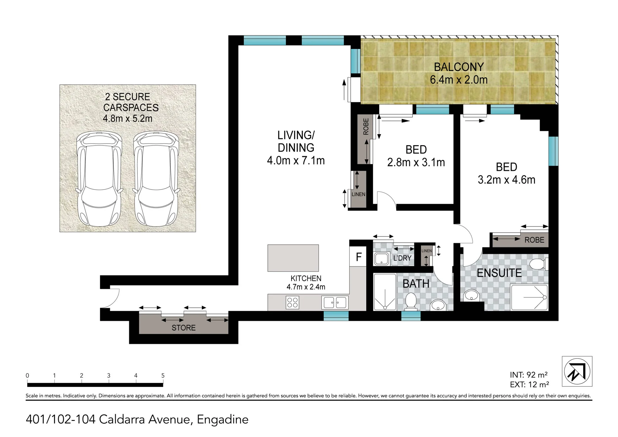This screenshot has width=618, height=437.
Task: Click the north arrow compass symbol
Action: coord(577,371)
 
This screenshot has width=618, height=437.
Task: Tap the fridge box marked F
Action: coord(358,256)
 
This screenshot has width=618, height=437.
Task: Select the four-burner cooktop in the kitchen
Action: coord(292,302)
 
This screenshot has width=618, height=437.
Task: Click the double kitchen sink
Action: coord(335,302)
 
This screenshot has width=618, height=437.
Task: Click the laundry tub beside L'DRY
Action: coord(381,259)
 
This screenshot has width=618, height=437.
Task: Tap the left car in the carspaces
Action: coord(99,179)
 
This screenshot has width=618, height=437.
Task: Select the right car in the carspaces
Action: coord(156,179)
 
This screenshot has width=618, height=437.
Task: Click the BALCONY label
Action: coord(459,67)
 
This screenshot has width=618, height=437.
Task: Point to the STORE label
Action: coord(183,328)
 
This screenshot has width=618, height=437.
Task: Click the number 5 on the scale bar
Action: coord(163,375)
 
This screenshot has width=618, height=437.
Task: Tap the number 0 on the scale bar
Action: coord(27,375)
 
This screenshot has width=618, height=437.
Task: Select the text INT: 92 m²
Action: coord(529,375)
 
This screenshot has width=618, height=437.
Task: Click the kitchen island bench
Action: coord(293,258)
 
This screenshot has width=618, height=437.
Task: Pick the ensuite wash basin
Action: coord(471,295)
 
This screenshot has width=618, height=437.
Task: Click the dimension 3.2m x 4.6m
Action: coord(506,180)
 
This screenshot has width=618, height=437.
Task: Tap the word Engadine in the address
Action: coord(222,420)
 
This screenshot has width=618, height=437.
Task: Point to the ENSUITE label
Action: coord(499,273)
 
